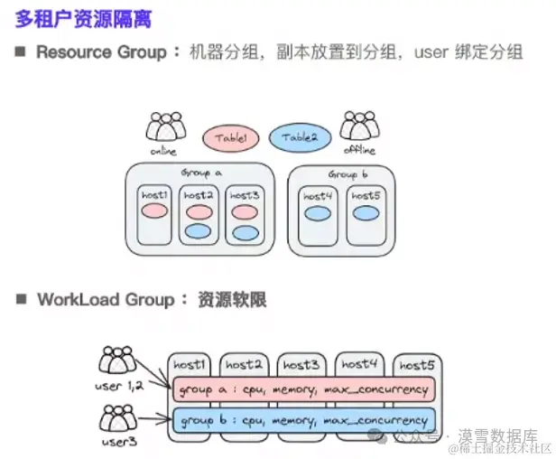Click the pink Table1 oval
(232, 137)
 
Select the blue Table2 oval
(300, 137)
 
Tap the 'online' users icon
(164, 126)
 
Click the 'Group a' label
(201, 173)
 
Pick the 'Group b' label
(347, 173)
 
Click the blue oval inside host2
(199, 232)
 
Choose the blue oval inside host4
(317, 214)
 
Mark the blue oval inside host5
(365, 214)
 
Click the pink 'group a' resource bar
(302, 390)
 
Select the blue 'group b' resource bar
(302, 421)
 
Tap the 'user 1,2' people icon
(118, 362)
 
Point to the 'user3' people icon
(118, 417)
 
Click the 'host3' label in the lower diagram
(301, 365)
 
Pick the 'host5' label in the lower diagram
(418, 365)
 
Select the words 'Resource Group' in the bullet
(101, 52)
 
